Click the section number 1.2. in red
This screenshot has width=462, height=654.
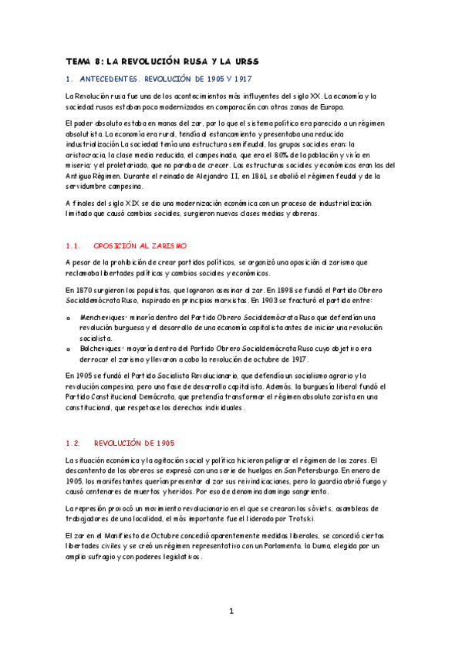pos(73,443)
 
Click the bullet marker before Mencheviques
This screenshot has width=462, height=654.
pos(69,318)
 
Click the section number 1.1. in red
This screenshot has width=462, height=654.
pos(73,246)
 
